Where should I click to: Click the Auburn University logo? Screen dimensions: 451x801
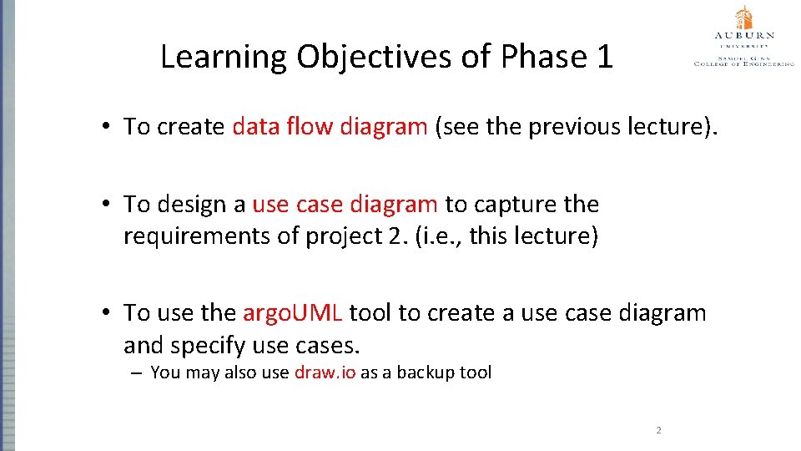pos(743,38)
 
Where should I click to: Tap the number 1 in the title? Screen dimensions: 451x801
pos(603,57)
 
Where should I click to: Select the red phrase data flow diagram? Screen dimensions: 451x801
pos(330,127)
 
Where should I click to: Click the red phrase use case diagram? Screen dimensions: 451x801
pos(345,205)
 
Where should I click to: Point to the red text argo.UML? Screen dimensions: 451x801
pos(292,313)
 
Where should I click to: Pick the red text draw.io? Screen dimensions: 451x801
pos(325,372)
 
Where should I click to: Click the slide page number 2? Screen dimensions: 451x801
pos(658,431)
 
